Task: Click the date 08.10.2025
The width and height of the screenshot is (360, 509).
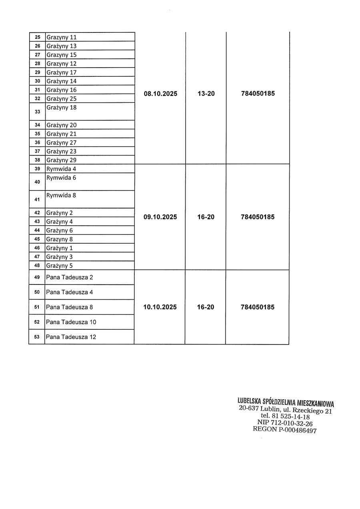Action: coord(160,94)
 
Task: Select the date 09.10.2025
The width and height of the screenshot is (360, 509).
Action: coord(160,217)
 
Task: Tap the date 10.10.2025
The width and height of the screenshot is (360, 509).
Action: coord(160,307)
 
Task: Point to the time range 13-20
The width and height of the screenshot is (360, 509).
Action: coord(206,94)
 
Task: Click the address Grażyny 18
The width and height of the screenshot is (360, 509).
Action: coord(61,108)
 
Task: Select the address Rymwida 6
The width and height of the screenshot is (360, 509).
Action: coord(61,178)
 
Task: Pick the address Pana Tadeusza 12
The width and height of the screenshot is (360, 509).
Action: coord(71,337)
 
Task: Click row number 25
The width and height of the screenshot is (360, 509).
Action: coord(37,37)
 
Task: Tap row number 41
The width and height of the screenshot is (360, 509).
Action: coord(37,199)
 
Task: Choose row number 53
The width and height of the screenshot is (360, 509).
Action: coord(37,337)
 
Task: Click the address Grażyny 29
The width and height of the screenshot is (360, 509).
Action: coord(61,160)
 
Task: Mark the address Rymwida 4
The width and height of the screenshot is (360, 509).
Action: coord(61,169)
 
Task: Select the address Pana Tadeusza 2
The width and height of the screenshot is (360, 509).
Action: coord(69,277)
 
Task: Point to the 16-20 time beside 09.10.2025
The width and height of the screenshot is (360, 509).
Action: coord(206,217)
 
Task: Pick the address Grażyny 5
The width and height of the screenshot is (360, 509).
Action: coord(59,266)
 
